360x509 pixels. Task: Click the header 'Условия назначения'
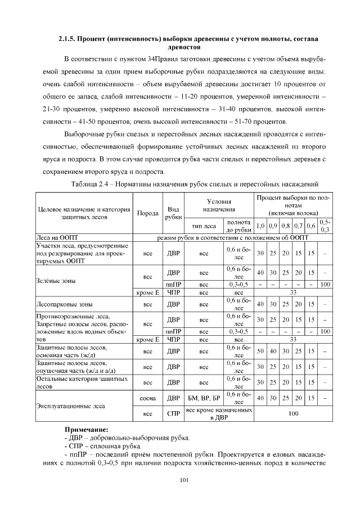point(219,205)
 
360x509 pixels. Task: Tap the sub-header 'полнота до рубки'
point(238,226)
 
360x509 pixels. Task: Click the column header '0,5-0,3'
point(325,226)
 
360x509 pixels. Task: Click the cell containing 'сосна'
point(147,398)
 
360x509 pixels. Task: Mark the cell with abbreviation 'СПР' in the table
point(174,414)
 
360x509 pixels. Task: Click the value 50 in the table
point(260,352)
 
